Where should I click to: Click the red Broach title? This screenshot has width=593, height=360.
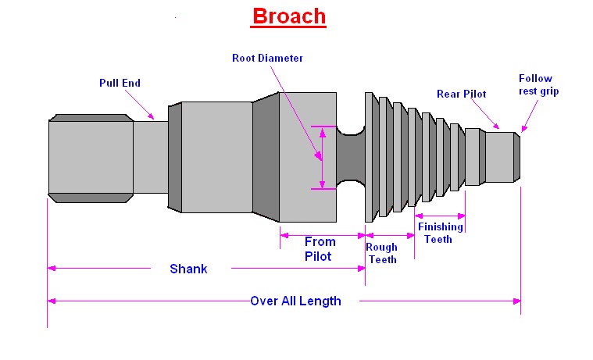(x=288, y=16)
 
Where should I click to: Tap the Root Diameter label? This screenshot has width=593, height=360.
(x=267, y=58)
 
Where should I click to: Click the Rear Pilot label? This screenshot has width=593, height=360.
(x=461, y=94)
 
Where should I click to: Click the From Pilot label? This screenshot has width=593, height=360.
(x=319, y=248)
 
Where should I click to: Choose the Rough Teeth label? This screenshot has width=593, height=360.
(x=382, y=254)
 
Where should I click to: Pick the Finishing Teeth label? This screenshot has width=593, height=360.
(x=439, y=233)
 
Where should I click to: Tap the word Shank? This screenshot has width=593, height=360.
(x=188, y=269)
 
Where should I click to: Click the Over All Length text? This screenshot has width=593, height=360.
(x=295, y=301)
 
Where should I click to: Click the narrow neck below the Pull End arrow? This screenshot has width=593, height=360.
(x=150, y=155)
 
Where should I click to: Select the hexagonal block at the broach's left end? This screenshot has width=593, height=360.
(x=90, y=156)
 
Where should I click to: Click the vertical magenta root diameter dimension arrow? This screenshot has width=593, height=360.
(x=320, y=156)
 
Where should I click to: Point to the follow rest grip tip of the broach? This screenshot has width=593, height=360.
(x=518, y=156)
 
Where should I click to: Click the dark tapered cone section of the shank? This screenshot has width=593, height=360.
(x=266, y=156)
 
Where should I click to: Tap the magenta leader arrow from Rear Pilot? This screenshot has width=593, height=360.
(x=488, y=116)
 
